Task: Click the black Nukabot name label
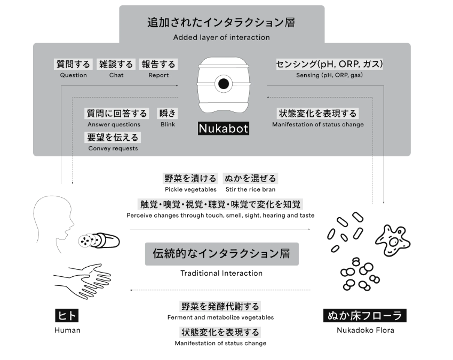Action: coord(224,129)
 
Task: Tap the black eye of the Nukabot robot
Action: coord(224,83)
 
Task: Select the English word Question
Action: coord(74,75)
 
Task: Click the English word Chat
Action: coord(116,75)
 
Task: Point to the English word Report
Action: coord(158,75)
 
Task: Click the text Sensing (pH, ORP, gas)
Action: coord(329,75)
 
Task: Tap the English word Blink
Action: coord(168,124)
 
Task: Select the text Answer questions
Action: coord(114,124)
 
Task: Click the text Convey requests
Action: coord(113,148)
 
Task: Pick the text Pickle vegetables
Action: coord(190,189)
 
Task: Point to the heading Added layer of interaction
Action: coord(221,37)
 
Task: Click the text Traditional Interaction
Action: coord(221,273)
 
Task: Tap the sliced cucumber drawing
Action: coord(99,240)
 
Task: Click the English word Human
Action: coord(67,330)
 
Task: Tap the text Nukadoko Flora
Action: coord(365,330)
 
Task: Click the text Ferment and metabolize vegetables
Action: coord(220,317)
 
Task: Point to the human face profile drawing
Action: coord(51,224)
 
